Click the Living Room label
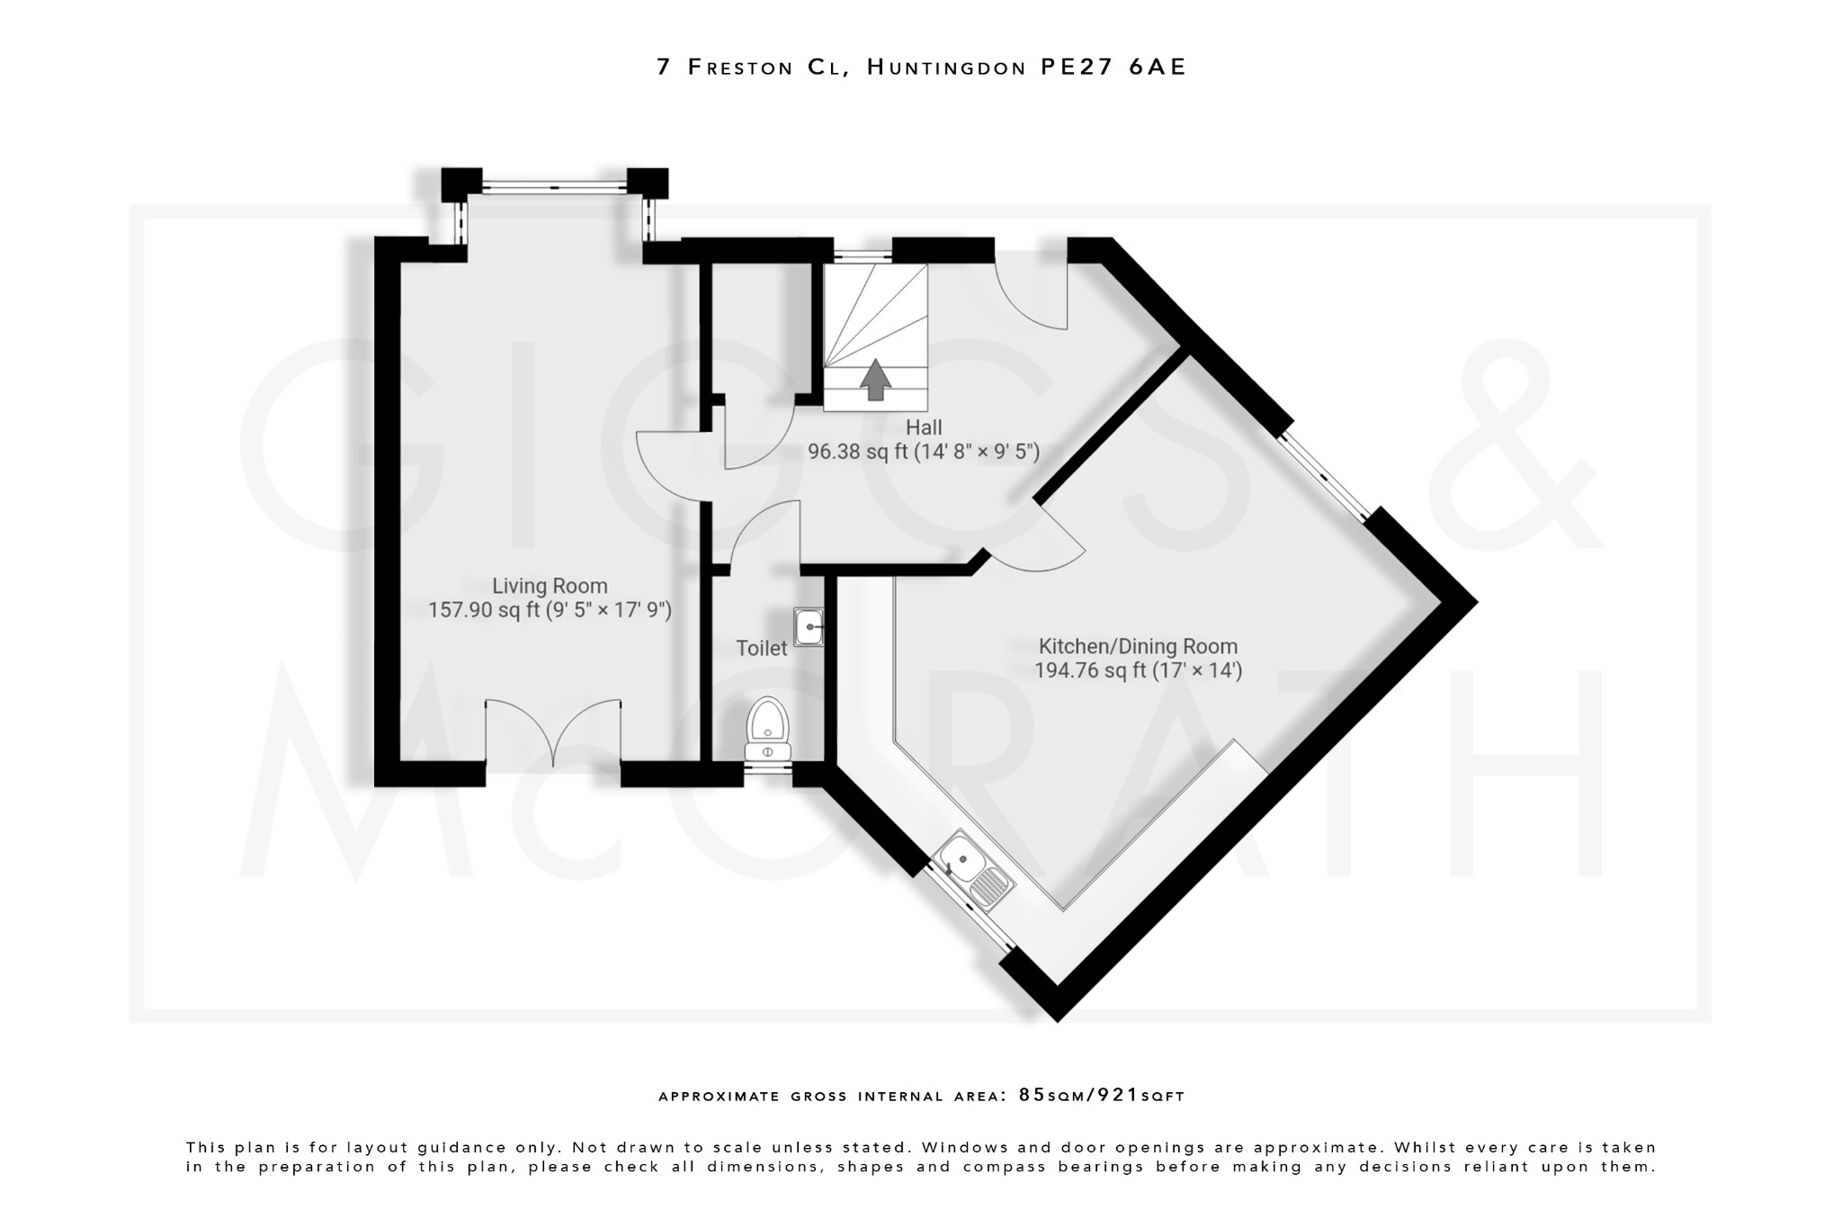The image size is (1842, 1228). click(x=550, y=587)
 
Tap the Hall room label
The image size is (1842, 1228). click(x=924, y=427)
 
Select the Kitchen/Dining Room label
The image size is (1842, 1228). click(x=1138, y=646)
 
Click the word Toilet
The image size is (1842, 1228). click(x=761, y=648)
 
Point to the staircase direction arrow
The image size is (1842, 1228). click(x=875, y=379)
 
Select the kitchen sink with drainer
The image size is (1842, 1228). click(x=973, y=870)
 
